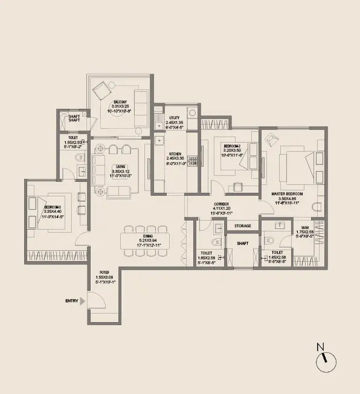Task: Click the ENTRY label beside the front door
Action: (x=72, y=300)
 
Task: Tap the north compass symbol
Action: (x=324, y=360)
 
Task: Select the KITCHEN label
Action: (x=175, y=154)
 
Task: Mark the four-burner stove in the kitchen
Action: (x=193, y=161)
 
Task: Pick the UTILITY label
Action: (x=175, y=118)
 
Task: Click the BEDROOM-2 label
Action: (x=232, y=147)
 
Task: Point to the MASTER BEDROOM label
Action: (x=287, y=193)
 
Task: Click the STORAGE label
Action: (x=243, y=226)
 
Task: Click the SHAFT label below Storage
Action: (x=242, y=244)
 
